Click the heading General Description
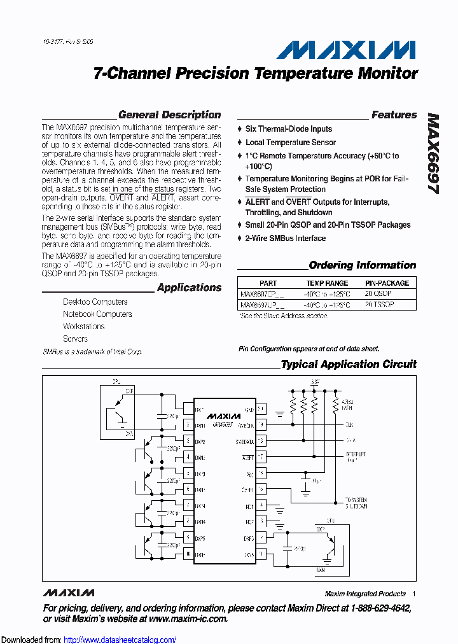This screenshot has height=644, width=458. [169, 115]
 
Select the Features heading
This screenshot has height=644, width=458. [394, 115]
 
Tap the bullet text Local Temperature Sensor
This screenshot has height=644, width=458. [291, 143]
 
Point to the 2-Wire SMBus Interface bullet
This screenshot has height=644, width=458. [286, 239]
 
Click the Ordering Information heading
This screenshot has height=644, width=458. [362, 265]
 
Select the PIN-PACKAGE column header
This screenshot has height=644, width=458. [387, 283]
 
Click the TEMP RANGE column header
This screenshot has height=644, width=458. [327, 283]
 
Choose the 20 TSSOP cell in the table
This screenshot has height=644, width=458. [380, 305]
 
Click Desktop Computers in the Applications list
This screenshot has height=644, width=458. [95, 302]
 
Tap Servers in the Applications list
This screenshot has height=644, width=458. [75, 339]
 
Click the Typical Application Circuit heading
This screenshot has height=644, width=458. [349, 365]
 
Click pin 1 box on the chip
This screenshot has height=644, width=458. [188, 409]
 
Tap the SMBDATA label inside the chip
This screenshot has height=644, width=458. [245, 440]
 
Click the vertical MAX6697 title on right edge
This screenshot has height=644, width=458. [434, 158]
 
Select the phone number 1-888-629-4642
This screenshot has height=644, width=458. [375, 608]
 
